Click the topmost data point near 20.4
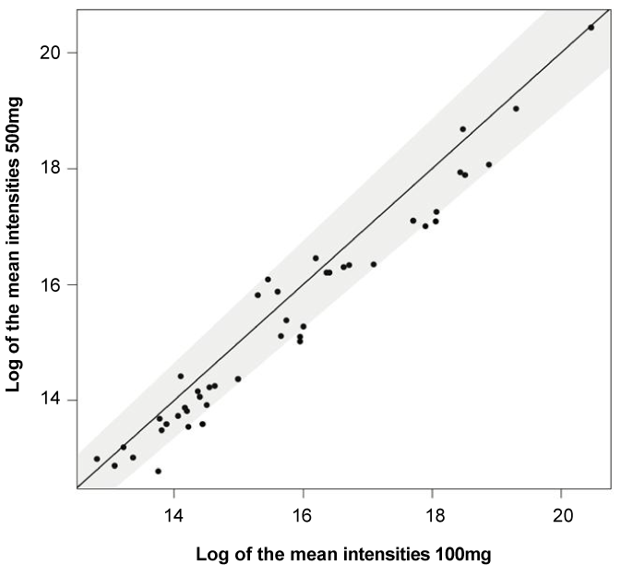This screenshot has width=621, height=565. pos(591,28)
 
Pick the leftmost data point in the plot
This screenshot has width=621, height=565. pos(97,459)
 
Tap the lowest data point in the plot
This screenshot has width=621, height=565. pos(158,471)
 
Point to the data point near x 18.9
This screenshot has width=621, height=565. pos(489,164)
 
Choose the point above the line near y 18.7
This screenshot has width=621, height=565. pos(462,129)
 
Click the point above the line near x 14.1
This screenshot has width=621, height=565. pos(181,376)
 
